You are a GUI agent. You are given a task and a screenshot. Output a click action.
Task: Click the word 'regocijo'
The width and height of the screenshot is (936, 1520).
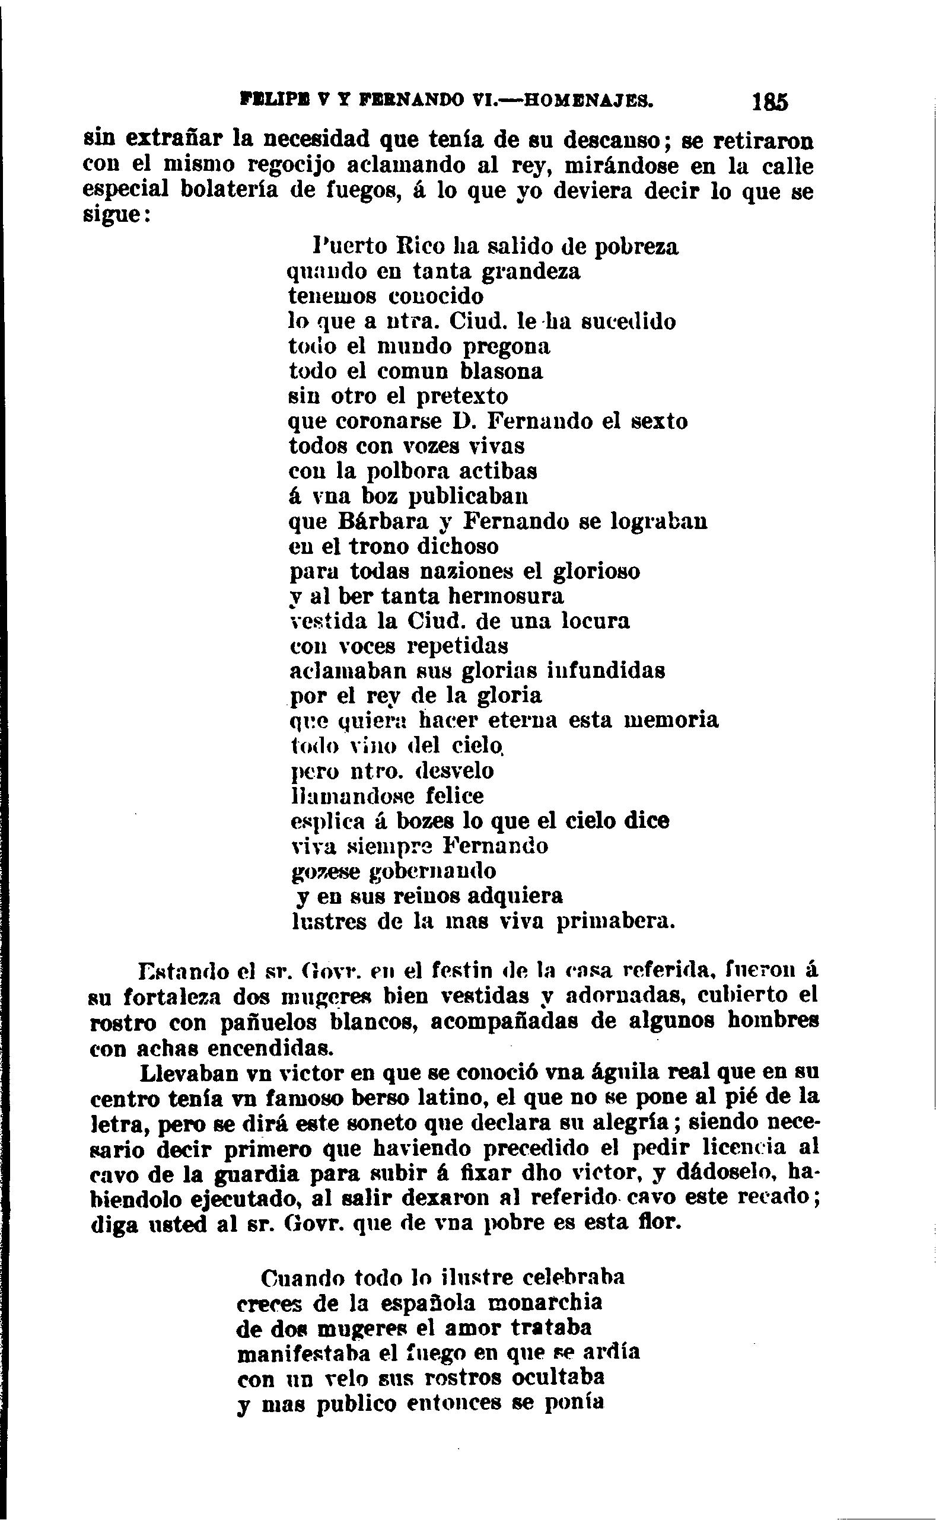pyautogui.click(x=291, y=165)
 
